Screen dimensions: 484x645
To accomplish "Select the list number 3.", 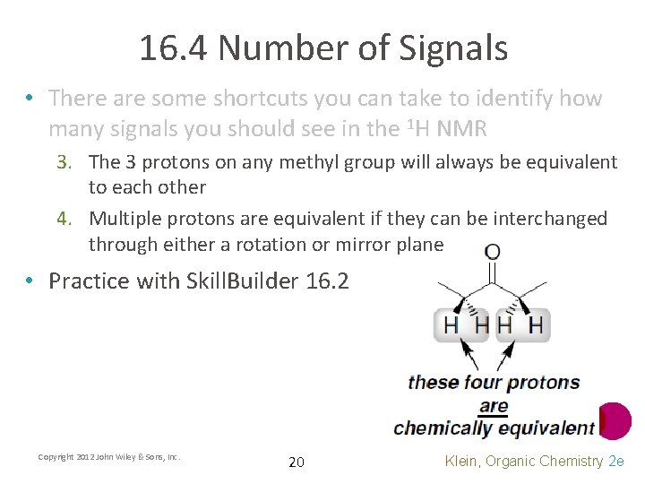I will (75, 162).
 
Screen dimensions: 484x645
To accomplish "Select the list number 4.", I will (75, 219).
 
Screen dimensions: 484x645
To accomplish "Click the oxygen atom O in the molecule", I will (492, 252).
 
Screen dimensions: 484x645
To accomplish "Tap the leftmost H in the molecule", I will (451, 324).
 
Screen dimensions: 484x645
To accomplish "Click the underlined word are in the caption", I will (494, 406).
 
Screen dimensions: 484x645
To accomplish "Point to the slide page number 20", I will (297, 462).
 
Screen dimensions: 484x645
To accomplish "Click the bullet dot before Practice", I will (30, 281).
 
